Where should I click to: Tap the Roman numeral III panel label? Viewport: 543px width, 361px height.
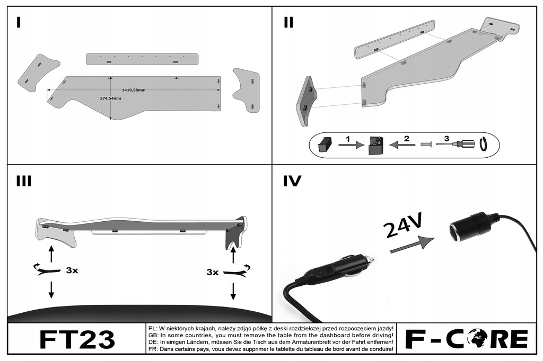pyautogui.click(x=24, y=182)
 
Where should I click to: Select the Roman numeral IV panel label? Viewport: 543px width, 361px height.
pyautogui.click(x=292, y=182)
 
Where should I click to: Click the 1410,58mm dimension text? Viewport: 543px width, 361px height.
pyautogui.click(x=133, y=90)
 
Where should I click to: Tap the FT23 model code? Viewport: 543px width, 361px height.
pyautogui.click(x=77, y=339)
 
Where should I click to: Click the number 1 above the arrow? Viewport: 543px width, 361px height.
pyautogui.click(x=347, y=138)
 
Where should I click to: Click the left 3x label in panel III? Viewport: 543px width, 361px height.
pyautogui.click(x=72, y=270)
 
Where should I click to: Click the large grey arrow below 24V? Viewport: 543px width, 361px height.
pyautogui.click(x=411, y=244)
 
